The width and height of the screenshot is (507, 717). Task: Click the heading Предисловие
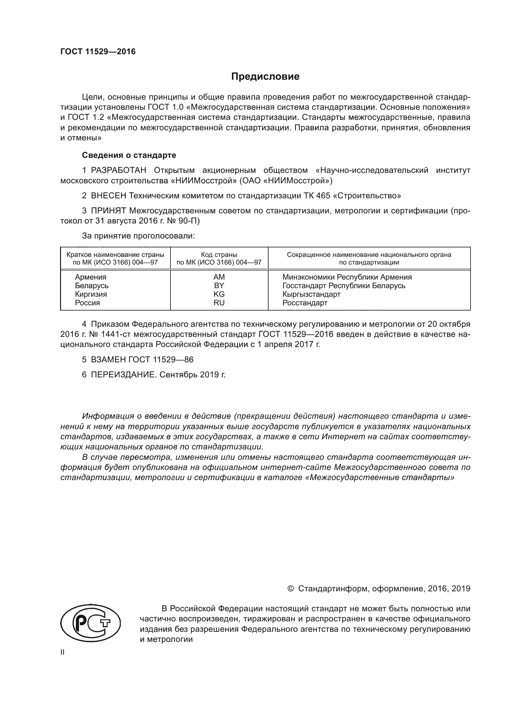pos(265,77)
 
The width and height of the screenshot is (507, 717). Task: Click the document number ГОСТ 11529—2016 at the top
pos(98,51)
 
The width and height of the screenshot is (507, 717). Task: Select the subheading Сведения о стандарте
pos(129,155)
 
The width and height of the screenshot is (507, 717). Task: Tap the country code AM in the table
pos(219,277)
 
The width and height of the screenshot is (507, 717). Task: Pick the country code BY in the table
pos(219,285)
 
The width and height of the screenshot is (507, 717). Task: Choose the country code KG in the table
pos(219,294)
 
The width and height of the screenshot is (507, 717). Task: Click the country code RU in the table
pos(219,303)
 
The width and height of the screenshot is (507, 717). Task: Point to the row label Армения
pos(90,277)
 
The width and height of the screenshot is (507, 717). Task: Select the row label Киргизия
pos(91,294)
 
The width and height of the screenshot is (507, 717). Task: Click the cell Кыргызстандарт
pos(311,294)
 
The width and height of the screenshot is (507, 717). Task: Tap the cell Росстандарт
pos(305,303)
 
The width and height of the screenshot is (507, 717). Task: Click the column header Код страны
pos(219,254)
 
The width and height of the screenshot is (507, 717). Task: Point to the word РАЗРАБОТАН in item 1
pos(118,170)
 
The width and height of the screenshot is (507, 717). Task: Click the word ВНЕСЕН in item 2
pos(109,196)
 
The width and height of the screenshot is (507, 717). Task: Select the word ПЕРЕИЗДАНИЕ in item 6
pos(123,374)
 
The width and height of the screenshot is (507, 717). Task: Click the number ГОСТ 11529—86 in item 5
pos(161,360)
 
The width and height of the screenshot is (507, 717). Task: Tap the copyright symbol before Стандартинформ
pos(290,589)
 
